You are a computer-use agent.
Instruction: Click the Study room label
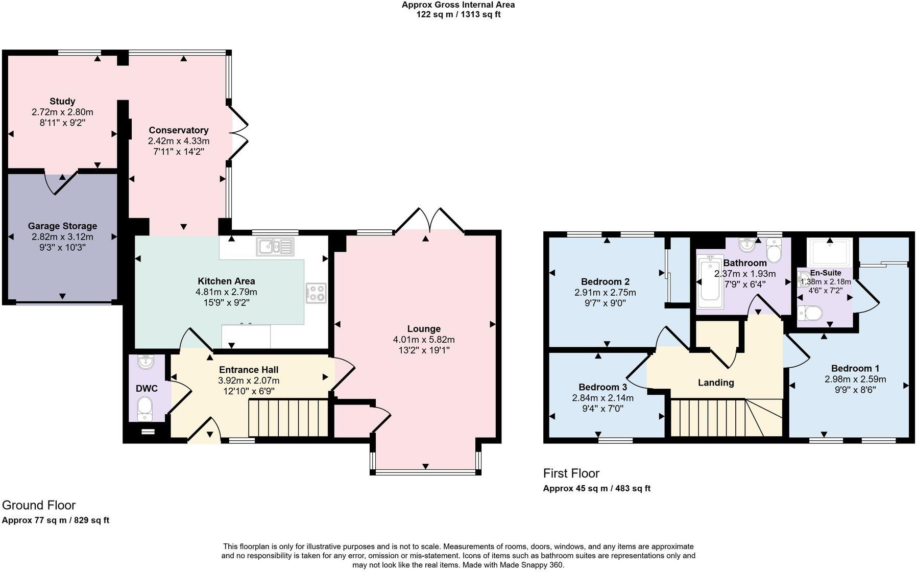62,101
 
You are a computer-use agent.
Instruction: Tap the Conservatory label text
178,130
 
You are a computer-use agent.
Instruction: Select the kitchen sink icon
276,247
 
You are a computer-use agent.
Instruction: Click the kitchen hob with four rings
316,293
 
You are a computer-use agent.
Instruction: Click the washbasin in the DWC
146,362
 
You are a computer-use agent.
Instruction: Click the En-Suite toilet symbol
810,312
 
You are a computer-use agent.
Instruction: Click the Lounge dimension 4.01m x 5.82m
423,340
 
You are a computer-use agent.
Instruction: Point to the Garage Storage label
62,226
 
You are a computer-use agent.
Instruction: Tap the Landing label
715,383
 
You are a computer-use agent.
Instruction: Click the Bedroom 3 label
602,387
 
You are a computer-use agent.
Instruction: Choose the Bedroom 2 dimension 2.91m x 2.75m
605,293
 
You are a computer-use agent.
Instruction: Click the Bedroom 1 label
855,368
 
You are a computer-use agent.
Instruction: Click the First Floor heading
571,473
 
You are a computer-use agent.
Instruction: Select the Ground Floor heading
39,505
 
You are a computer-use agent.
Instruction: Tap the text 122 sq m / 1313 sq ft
458,14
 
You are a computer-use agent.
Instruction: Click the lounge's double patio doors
429,220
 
